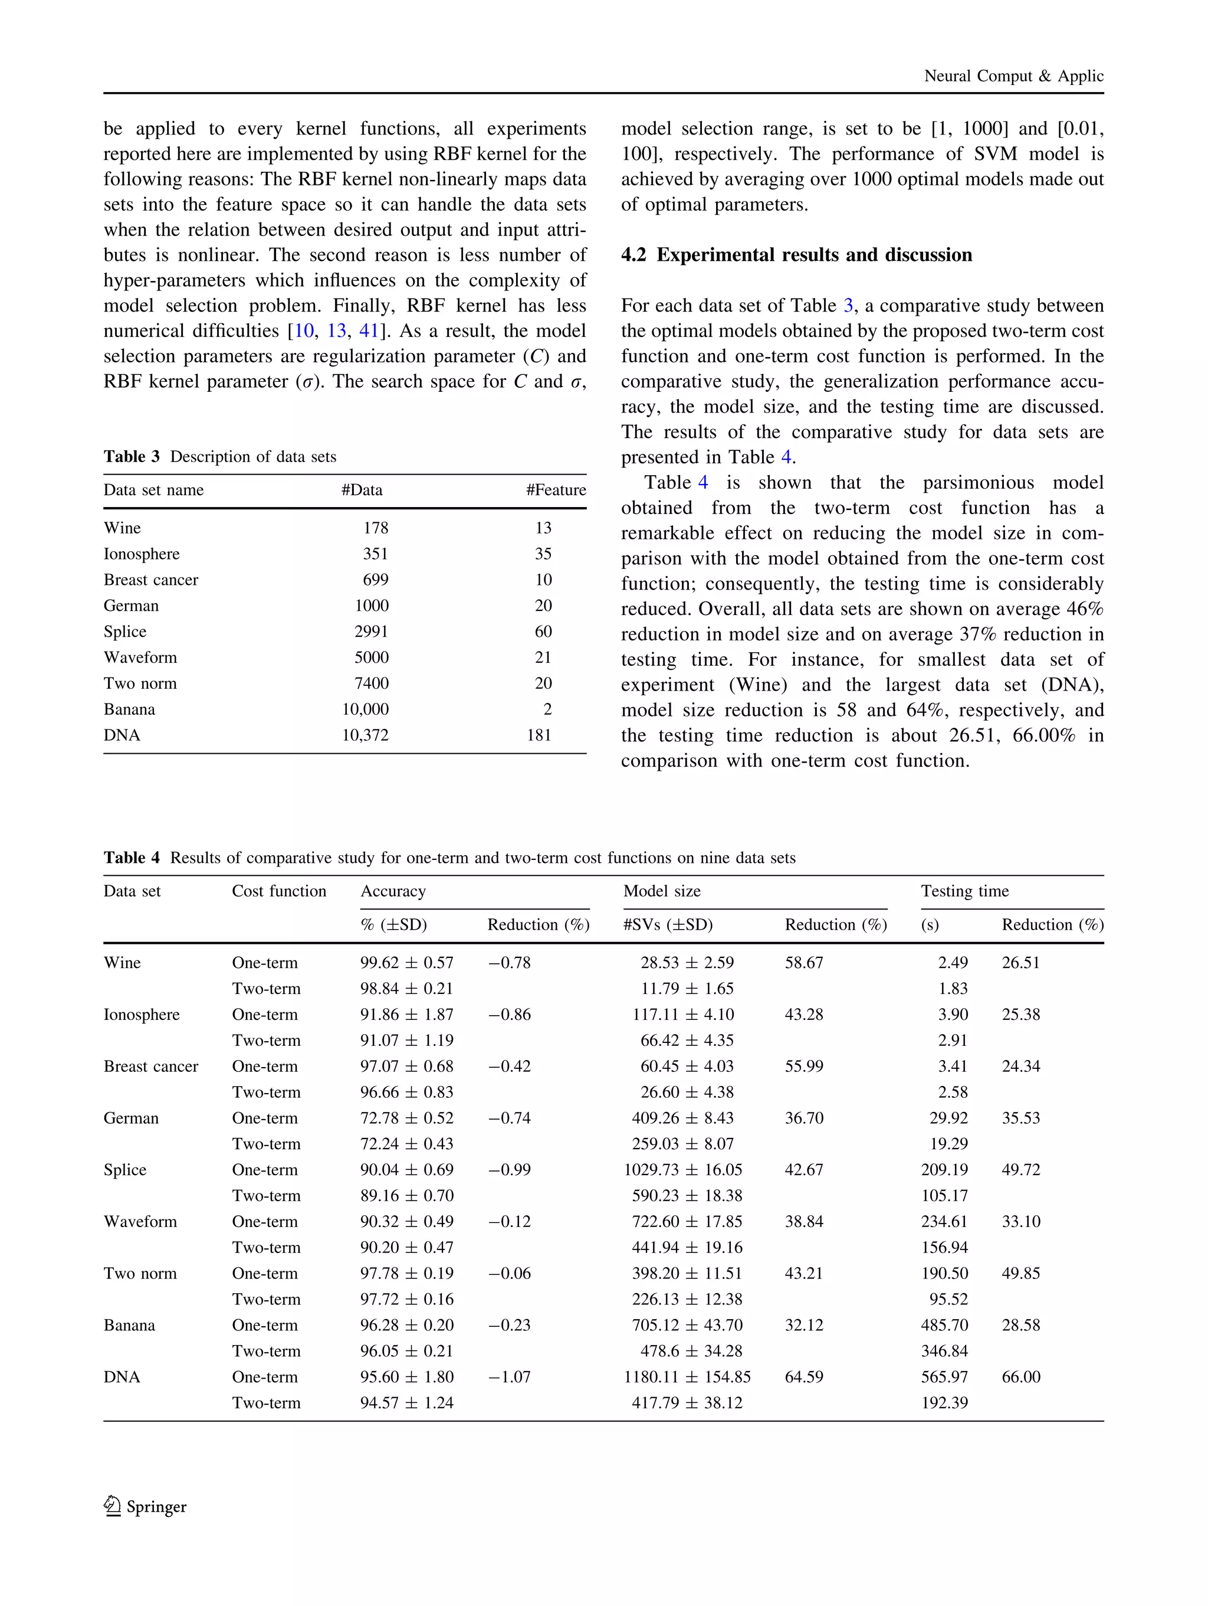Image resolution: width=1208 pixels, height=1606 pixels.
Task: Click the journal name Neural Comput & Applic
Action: [x=1013, y=76]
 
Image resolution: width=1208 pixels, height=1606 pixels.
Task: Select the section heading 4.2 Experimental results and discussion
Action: [x=796, y=255]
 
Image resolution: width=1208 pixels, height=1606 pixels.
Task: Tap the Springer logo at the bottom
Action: [x=145, y=1506]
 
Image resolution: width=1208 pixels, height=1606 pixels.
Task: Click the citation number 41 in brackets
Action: [x=369, y=331]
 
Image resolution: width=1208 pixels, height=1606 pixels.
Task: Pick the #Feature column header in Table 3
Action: [x=555, y=490]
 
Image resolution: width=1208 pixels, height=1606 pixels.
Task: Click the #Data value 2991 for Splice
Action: [x=372, y=632]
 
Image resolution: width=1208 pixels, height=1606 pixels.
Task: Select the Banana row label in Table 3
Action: [x=129, y=709]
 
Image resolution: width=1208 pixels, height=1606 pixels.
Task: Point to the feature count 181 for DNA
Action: [x=539, y=735]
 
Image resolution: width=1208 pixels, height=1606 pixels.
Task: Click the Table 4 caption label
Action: [x=132, y=858]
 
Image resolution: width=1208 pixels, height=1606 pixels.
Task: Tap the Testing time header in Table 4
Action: [x=964, y=892]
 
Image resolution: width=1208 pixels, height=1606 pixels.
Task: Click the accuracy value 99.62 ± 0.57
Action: [x=406, y=963]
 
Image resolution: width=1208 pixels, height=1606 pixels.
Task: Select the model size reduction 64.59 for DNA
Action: [x=804, y=1378]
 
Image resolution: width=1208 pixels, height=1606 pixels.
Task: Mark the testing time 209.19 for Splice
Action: [x=944, y=1170]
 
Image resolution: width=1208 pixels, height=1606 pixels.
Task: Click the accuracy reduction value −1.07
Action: [x=508, y=1378]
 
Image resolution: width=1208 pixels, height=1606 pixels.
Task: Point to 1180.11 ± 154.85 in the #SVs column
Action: [x=687, y=1378]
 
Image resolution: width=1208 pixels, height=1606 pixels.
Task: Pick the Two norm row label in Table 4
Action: [x=140, y=1274]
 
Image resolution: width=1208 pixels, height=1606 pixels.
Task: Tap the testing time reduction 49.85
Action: [x=1021, y=1274]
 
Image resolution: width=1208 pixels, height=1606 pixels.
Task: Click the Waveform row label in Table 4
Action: [x=140, y=1222]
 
